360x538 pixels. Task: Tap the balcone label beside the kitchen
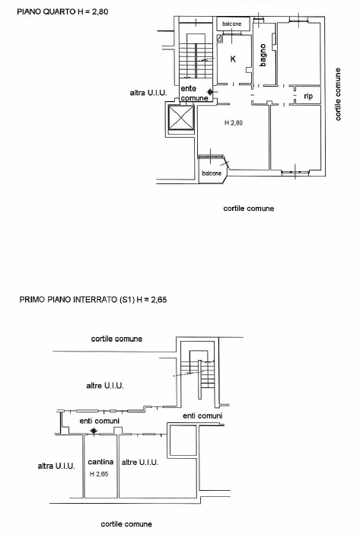point(232,24)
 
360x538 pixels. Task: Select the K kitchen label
point(233,59)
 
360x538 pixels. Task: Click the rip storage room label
point(308,96)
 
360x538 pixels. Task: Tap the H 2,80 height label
point(233,123)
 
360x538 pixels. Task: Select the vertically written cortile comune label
point(338,94)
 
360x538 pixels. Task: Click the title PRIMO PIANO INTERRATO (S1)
point(93,300)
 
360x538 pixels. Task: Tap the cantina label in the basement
point(100,462)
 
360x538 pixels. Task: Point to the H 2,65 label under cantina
point(100,474)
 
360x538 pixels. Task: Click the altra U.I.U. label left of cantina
point(56,466)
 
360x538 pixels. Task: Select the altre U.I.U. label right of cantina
point(139,462)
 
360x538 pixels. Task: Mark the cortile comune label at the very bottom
point(126,524)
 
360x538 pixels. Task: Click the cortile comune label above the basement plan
point(116,339)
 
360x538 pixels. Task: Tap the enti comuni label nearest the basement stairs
point(202,415)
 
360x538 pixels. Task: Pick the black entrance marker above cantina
point(93,432)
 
